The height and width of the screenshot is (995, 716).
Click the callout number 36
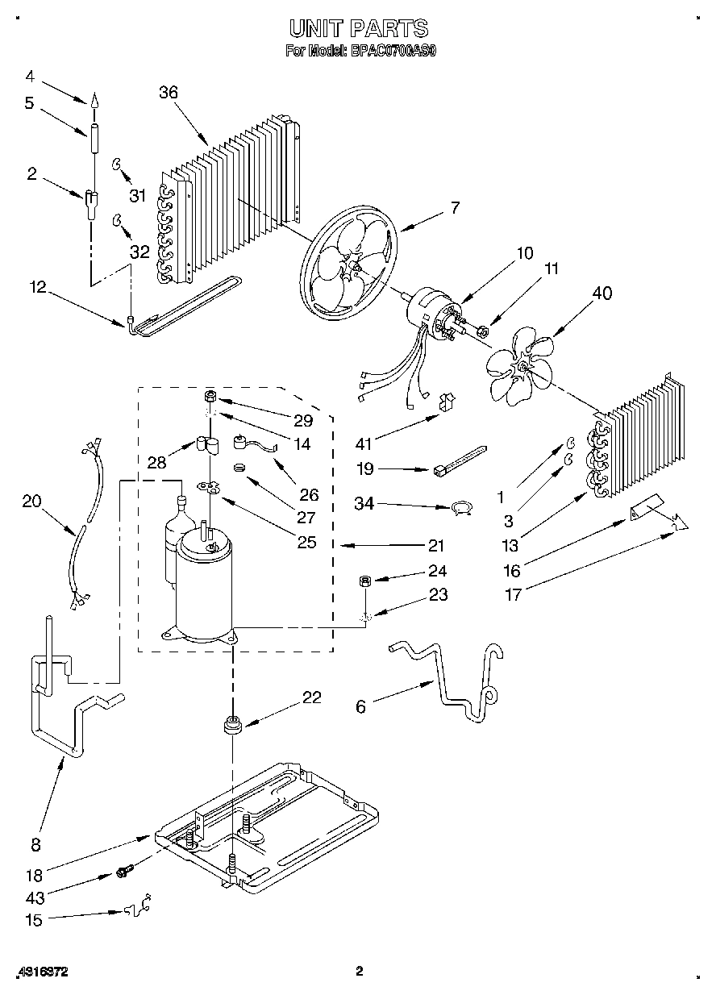pyautogui.click(x=168, y=93)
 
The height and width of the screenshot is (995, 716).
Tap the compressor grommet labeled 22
pyautogui.click(x=232, y=723)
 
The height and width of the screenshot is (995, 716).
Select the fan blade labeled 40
pyautogui.click(x=520, y=367)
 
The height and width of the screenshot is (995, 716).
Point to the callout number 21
pyautogui.click(x=436, y=546)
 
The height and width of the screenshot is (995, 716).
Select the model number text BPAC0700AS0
pyautogui.click(x=393, y=50)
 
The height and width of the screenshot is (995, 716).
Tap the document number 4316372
pyautogui.click(x=41, y=972)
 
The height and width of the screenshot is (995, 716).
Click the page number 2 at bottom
pyautogui.click(x=360, y=971)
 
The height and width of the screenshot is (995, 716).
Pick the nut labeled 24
pyautogui.click(x=364, y=581)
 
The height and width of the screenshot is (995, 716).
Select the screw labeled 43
pyautogui.click(x=123, y=871)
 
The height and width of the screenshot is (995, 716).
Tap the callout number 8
pyautogui.click(x=35, y=845)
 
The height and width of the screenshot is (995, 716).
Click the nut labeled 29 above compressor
pyautogui.click(x=209, y=397)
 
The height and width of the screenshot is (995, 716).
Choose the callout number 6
pyautogui.click(x=360, y=706)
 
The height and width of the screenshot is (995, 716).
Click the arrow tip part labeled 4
pyautogui.click(x=94, y=101)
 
